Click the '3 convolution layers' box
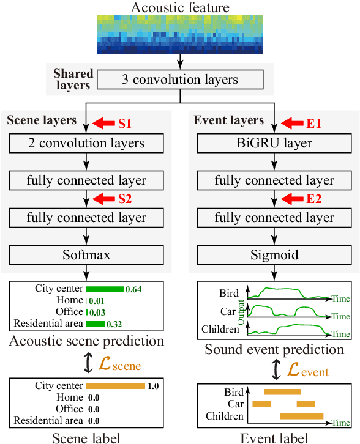[x=179, y=80]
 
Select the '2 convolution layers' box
[x=86, y=144]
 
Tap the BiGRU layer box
[x=274, y=144]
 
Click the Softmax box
[x=86, y=255]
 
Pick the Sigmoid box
[x=274, y=255]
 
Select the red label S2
[x=125, y=199]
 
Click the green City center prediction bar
[x=104, y=289]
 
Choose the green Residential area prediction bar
[x=95, y=324]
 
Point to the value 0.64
[x=133, y=289]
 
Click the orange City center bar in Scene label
[x=115, y=386]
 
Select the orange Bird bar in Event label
[x=282, y=391]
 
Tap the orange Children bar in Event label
[x=301, y=416]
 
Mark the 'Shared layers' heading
[x=73, y=79]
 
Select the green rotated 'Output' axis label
[x=241, y=313]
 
